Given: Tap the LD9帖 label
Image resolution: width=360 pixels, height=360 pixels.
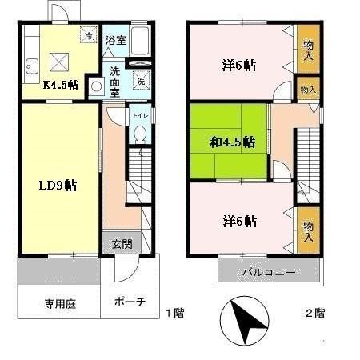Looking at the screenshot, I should pyautogui.click(x=58, y=185).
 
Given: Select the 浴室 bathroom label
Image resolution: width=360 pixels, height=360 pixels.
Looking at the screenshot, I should pyautogui.click(x=115, y=40).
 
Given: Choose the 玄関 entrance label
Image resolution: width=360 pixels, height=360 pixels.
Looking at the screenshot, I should pyautogui.click(x=122, y=243).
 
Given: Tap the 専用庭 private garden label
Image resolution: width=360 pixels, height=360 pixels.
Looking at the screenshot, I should pyautogui.click(x=51, y=303).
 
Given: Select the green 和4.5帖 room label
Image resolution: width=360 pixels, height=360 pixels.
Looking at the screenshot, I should pyautogui.click(x=232, y=142).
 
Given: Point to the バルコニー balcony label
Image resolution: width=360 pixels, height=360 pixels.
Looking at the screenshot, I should pyautogui.click(x=270, y=273).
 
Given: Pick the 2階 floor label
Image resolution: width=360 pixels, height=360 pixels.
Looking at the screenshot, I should pyautogui.click(x=314, y=312).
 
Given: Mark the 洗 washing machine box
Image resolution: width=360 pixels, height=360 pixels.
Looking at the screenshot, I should pyautogui.click(x=141, y=81).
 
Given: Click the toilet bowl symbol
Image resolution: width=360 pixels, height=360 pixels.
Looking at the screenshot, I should pyautogui.click(x=139, y=135).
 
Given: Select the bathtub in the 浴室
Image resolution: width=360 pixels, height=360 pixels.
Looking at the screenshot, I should pyautogui.click(x=140, y=39).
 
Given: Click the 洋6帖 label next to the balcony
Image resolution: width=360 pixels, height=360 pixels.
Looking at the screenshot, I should pyautogui.click(x=239, y=220).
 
